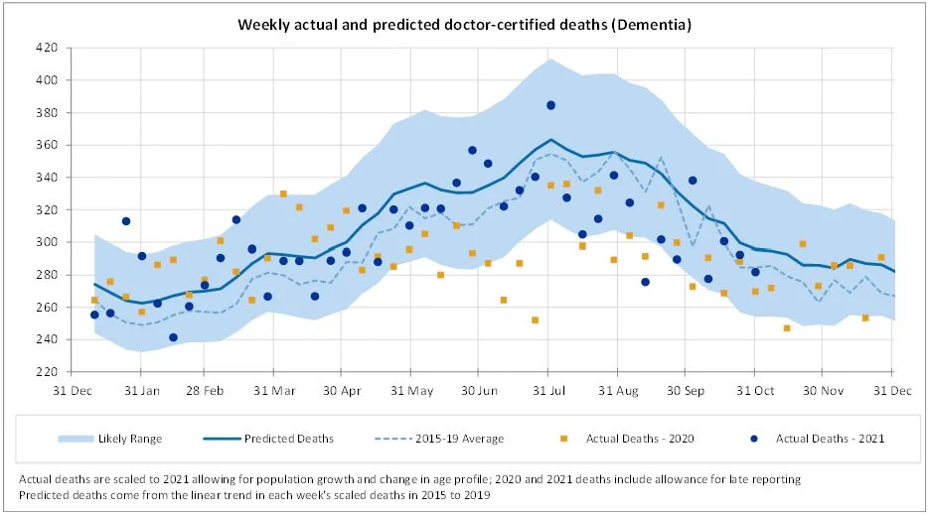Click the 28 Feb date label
click(207, 390)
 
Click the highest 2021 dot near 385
click(551, 105)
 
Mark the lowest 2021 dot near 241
click(173, 337)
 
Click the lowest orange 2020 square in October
click(786, 327)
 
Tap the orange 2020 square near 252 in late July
click(536, 320)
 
